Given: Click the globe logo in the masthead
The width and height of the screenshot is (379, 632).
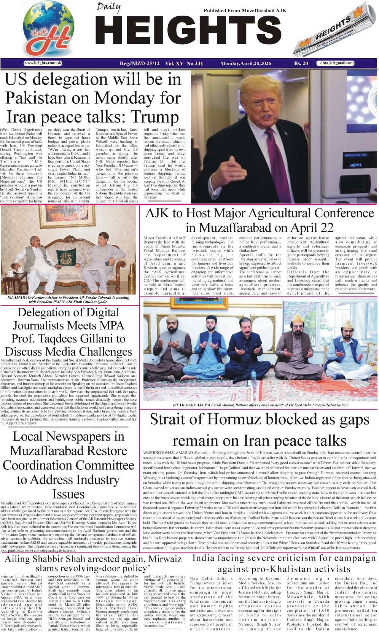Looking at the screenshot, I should (x=48, y=29).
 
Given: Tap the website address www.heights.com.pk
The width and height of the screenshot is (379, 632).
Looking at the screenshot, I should (x=43, y=63).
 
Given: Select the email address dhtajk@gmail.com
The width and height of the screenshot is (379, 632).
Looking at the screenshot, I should (x=337, y=63).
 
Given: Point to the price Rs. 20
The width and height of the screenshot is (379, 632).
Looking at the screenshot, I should (x=301, y=64).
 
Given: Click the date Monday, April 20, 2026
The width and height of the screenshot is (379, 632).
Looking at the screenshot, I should (x=245, y=64).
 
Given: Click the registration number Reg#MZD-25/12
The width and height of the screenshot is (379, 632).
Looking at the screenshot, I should (x=140, y=64).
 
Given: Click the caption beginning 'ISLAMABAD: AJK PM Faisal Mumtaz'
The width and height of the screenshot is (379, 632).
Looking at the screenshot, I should (x=260, y=405).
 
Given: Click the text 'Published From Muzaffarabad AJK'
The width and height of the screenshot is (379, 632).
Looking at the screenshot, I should (x=245, y=11).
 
